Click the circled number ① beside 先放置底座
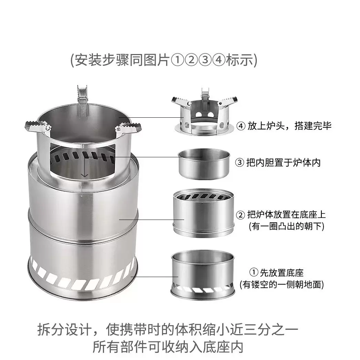coord(254,273)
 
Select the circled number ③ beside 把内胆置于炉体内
coord(240,162)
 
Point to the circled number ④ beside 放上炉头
coord(241,126)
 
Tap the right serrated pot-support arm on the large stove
coord(128,129)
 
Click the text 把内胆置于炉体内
coord(283,162)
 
